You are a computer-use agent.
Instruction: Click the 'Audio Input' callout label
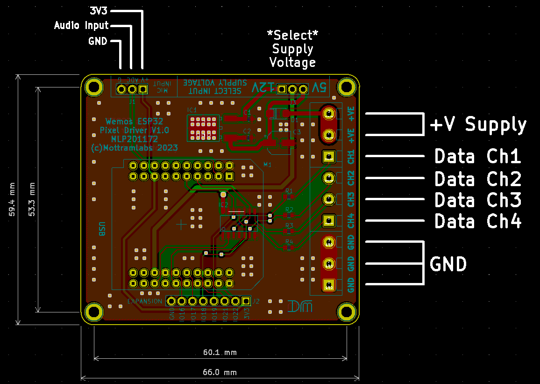[81, 25]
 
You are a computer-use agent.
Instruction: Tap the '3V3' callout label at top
[98, 10]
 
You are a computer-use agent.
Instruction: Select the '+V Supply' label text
[478, 124]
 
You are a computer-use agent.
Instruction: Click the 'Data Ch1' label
[477, 157]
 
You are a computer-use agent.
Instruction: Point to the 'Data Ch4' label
[477, 221]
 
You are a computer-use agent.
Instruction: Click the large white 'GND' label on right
[448, 264]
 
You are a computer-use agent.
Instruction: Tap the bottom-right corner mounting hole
[347, 312]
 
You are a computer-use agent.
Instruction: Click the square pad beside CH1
[329, 157]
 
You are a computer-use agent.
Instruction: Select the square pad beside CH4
[329, 220]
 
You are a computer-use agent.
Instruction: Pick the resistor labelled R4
[289, 247]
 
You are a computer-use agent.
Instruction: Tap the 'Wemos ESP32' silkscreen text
[134, 121]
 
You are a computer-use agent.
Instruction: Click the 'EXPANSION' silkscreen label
[145, 301]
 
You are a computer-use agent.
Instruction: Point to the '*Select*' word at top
[292, 35]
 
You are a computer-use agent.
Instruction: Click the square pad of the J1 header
[143, 89]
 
